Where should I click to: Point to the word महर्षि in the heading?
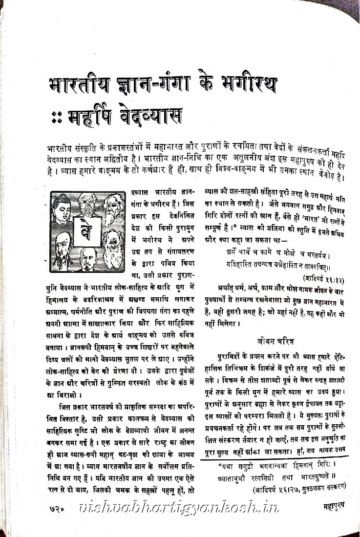pos(88,116)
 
